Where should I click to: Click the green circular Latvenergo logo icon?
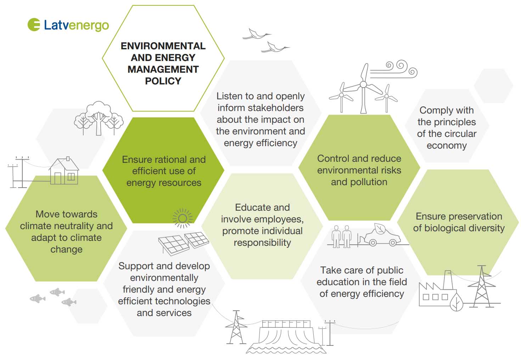(x=34, y=24)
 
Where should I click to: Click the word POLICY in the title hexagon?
(x=163, y=81)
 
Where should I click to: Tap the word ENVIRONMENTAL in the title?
(x=163, y=46)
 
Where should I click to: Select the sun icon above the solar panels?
(x=183, y=218)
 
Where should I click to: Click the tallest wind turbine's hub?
(x=363, y=84)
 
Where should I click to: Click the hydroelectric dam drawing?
(x=286, y=337)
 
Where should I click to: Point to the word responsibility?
(x=262, y=243)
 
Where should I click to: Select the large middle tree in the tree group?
(x=99, y=118)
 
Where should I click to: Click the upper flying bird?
(x=257, y=34)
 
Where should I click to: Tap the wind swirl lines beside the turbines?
(x=394, y=69)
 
